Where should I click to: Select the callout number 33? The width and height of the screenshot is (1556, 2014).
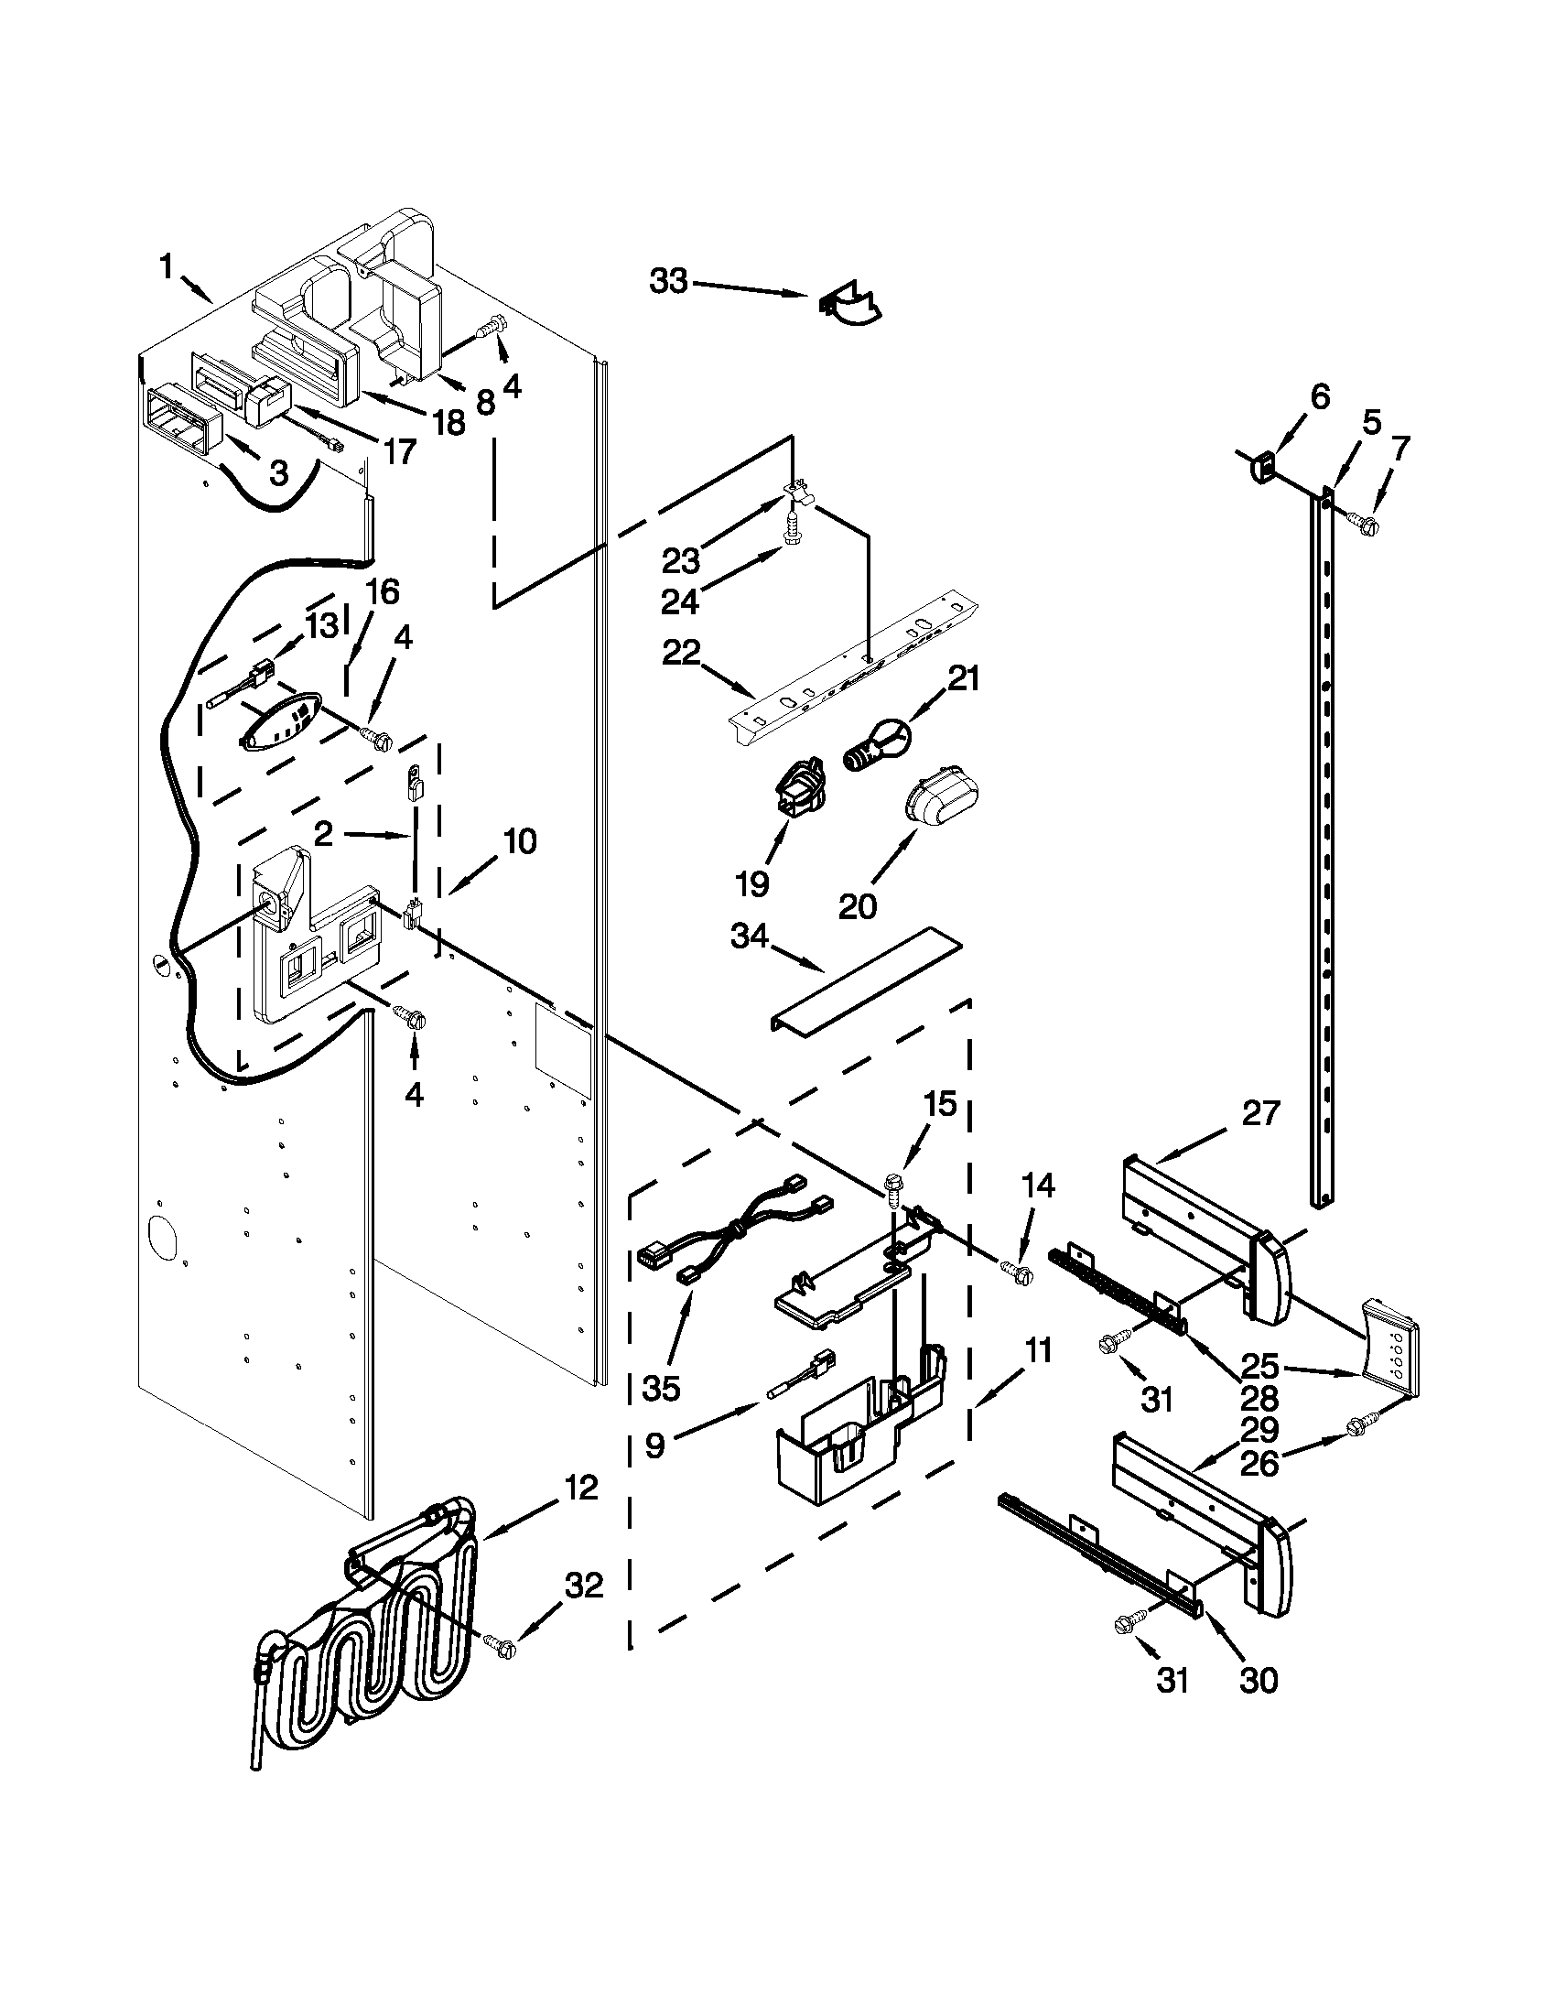tap(669, 281)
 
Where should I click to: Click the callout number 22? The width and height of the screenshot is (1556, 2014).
tap(682, 653)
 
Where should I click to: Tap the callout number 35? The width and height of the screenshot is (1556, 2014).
tap(661, 1388)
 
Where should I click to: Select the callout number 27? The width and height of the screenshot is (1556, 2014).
tap(1260, 1114)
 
